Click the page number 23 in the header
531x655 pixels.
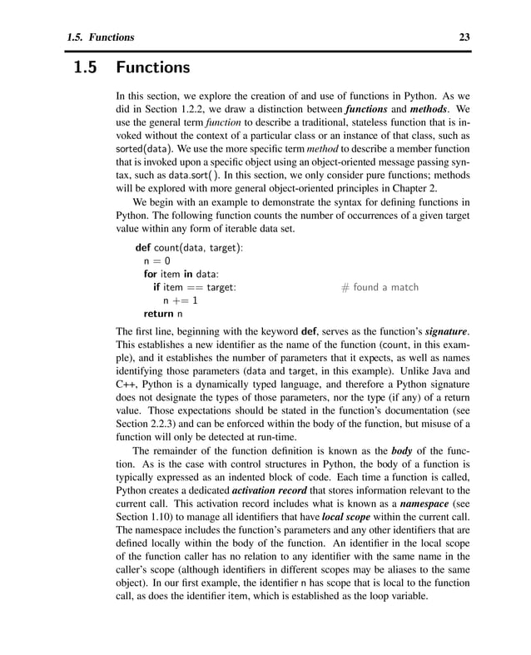[464, 37]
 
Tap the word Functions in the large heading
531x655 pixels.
[153, 67]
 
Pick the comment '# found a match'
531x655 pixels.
[380, 288]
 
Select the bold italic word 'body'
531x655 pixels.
[402, 451]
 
